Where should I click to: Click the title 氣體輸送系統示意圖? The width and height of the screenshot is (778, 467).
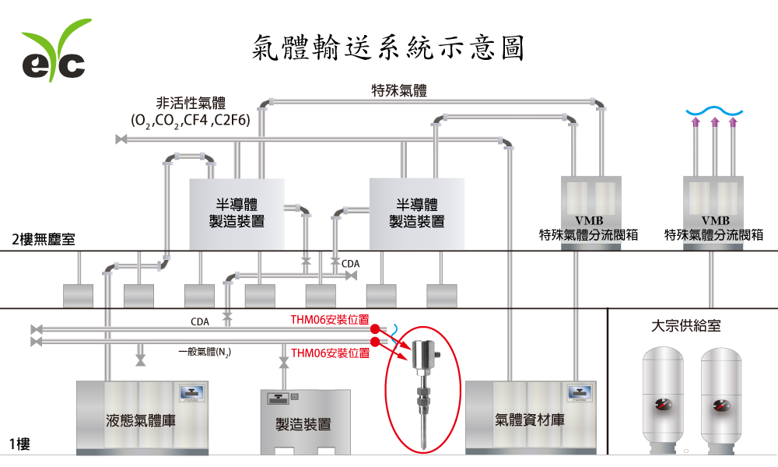click(389, 48)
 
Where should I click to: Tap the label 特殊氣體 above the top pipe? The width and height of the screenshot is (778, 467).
click(400, 90)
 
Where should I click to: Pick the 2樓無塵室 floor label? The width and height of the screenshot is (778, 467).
click(43, 239)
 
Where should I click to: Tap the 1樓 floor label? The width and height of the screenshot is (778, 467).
click(19, 444)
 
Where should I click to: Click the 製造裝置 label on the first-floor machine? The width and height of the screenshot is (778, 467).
click(303, 425)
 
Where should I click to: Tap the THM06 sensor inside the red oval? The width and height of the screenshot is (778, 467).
click(423, 389)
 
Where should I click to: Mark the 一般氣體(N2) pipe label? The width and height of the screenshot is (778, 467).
click(204, 352)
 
